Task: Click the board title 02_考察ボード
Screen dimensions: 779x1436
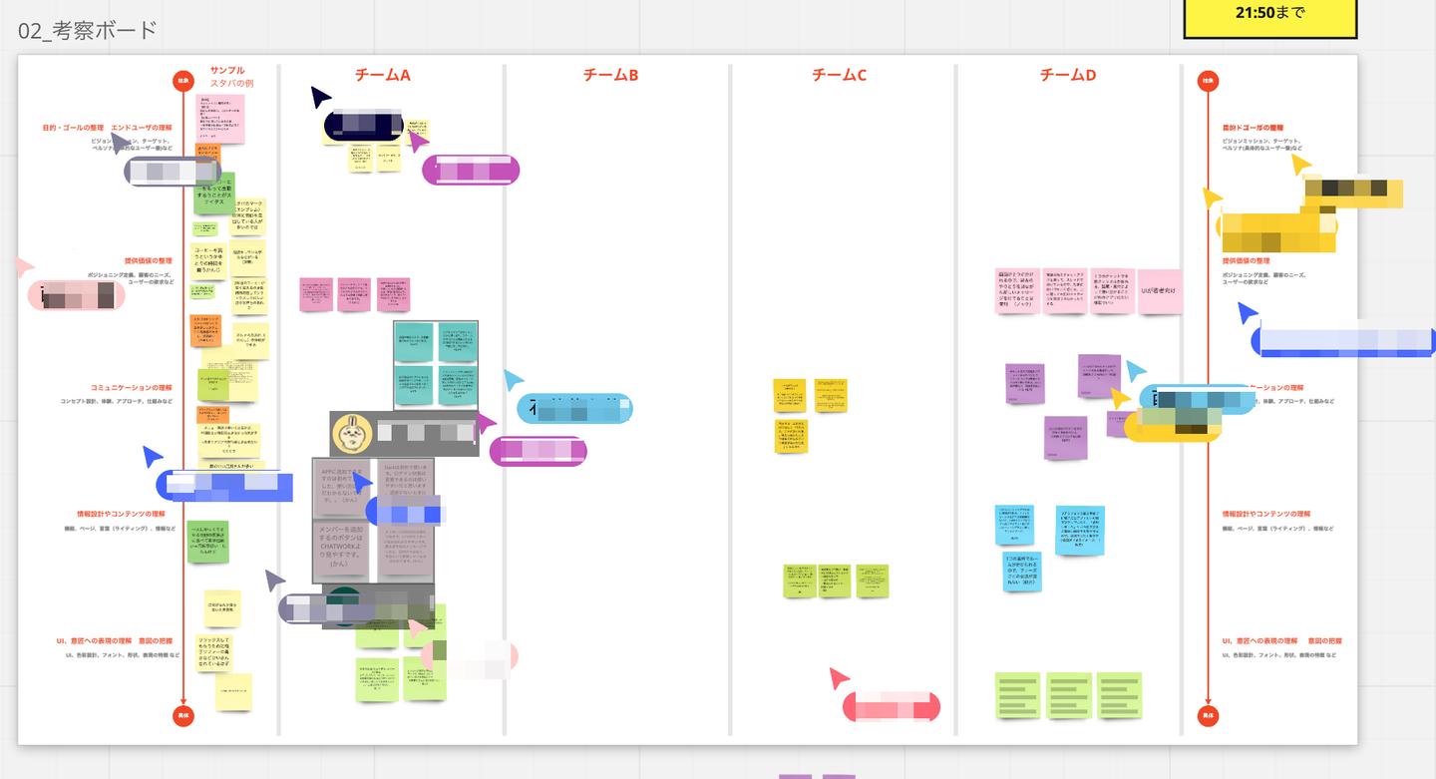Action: pos(88,31)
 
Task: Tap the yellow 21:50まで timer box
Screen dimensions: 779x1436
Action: pos(1269,14)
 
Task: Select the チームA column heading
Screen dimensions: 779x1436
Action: pos(382,75)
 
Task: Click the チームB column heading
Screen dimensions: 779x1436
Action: pos(610,75)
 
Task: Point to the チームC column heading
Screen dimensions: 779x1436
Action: pos(839,75)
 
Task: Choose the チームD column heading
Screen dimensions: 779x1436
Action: pos(1067,75)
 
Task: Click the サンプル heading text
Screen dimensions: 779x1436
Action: pos(227,71)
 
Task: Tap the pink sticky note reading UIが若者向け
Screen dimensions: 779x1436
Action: pos(1160,291)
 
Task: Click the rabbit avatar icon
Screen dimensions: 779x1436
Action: pos(352,434)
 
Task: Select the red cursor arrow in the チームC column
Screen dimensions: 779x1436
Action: pos(839,679)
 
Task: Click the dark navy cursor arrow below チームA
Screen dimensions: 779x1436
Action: pos(319,97)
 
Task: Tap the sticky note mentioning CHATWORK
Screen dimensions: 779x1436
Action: pos(344,548)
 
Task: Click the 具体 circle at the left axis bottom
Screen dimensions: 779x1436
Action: pos(183,715)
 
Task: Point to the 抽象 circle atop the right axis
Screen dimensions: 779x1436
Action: pos(1208,81)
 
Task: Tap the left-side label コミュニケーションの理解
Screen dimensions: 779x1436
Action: pos(132,388)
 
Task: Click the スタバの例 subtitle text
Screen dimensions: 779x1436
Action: pos(231,84)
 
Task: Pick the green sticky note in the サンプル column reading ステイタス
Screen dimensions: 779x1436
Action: pos(214,193)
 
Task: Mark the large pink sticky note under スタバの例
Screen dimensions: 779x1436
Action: pos(220,118)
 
